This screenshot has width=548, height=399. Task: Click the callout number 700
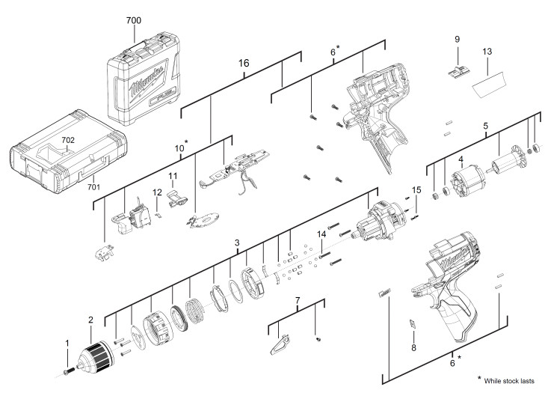pos(134,20)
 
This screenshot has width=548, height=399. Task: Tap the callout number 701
pos(93,187)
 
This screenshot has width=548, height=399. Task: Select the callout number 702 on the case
pos(68,140)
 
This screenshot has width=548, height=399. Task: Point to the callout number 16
pos(244,63)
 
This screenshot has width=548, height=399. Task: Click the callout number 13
pos(487,52)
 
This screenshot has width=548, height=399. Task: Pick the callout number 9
pos(457,39)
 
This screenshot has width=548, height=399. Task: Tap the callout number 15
pos(416,190)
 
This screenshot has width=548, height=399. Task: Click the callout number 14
pos(321,234)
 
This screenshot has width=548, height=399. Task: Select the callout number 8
pos(413,347)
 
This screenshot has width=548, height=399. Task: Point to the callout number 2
pos(91,320)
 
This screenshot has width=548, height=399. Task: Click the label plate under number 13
pos(489,84)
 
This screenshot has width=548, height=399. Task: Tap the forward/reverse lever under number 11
pos(177,199)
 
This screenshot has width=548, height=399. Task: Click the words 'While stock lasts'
pos(509,381)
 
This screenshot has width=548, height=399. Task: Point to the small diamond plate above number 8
pos(413,324)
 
